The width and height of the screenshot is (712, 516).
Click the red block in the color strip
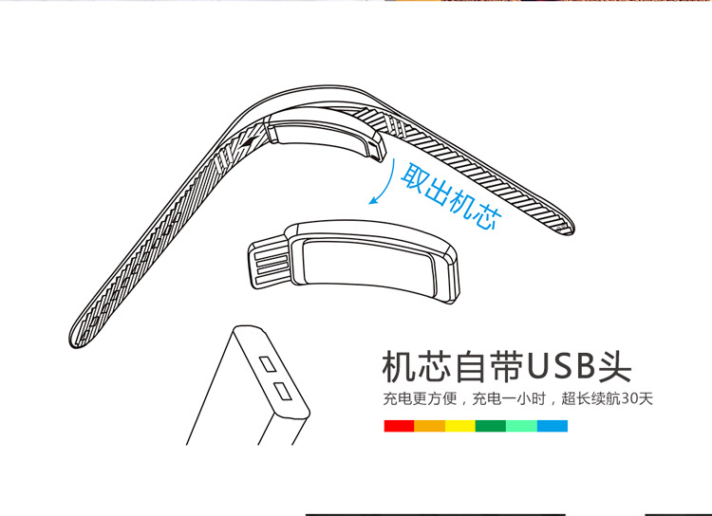point(399,426)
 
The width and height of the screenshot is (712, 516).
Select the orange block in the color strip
point(429,426)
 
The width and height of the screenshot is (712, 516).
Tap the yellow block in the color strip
point(460,426)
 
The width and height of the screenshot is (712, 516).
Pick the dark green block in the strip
point(491,426)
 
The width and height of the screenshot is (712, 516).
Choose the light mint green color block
point(521,426)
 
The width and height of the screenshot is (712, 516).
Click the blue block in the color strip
point(553,426)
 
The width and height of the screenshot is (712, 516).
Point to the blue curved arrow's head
point(374,200)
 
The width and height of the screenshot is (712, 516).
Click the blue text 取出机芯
point(451,196)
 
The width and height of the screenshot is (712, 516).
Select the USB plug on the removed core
point(270,265)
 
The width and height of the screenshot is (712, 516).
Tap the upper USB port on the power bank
point(268,364)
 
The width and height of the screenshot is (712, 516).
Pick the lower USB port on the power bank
point(283,391)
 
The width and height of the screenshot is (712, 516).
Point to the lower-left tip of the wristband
point(74,342)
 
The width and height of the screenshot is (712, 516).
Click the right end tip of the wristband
point(571,229)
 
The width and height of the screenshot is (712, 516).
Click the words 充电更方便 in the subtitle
point(420,398)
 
